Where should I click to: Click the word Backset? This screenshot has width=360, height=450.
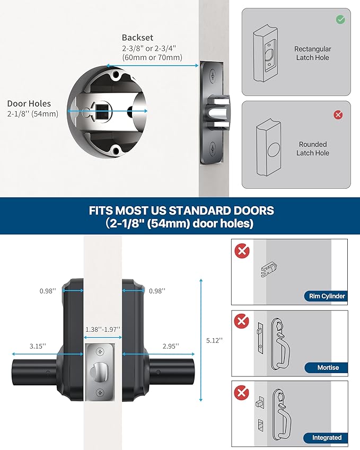tap(137, 38)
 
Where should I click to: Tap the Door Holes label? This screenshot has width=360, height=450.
tap(29, 104)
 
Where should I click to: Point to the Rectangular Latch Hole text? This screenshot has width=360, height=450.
tap(313, 53)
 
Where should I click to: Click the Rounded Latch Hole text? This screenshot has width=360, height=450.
tap(313, 148)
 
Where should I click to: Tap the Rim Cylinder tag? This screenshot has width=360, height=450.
tap(326, 296)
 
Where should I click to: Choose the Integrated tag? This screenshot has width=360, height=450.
tap(326, 438)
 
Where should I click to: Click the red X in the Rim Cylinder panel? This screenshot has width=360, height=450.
tap(242, 251)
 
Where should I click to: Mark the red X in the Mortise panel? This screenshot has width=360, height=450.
tap(242, 321)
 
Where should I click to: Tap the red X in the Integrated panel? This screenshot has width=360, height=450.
tap(242, 392)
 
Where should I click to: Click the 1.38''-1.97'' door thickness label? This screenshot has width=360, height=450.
tap(103, 329)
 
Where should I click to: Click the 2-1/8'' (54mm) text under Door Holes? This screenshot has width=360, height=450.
tap(33, 114)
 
